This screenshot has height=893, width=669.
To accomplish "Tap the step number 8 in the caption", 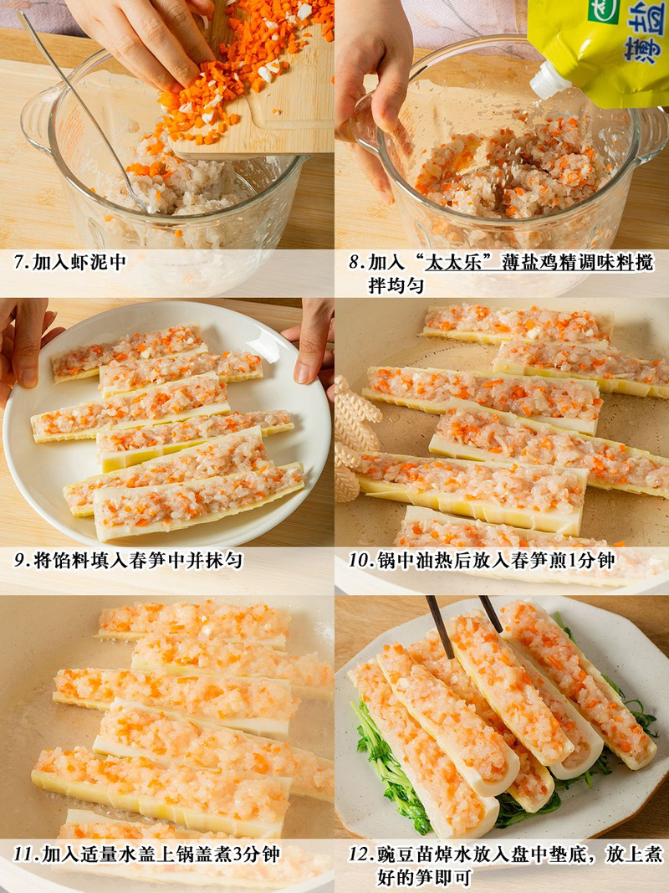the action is (355, 263).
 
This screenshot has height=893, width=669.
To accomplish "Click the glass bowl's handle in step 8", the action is (651, 133).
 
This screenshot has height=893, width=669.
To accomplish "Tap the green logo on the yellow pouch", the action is (603, 10).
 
